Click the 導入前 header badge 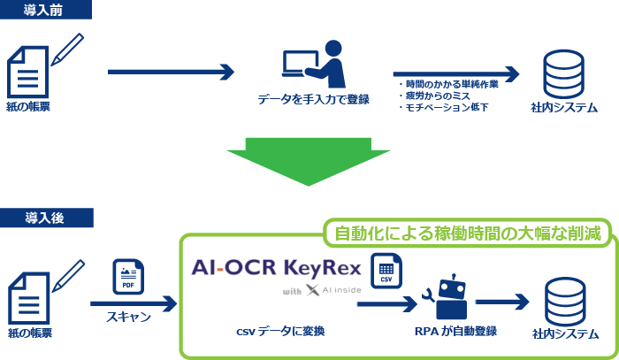click(x=46, y=10)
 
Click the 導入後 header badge click(x=47, y=218)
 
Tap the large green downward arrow click(x=309, y=162)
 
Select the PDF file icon click(x=128, y=277)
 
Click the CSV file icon click(x=386, y=271)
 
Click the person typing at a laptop click(x=313, y=64)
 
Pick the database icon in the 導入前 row click(x=563, y=74)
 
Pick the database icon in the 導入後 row click(x=565, y=302)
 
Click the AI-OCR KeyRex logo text click(x=276, y=268)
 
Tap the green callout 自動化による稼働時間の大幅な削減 click(x=468, y=233)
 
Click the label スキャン click(x=129, y=317)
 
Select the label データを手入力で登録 click(x=314, y=99)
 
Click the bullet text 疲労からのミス click(x=434, y=96)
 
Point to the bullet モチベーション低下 click(x=444, y=107)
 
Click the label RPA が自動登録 click(x=455, y=331)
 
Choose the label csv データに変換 click(x=280, y=331)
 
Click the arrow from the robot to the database click(x=502, y=302)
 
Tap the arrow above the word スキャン click(x=134, y=304)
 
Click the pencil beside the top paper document click(x=67, y=50)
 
